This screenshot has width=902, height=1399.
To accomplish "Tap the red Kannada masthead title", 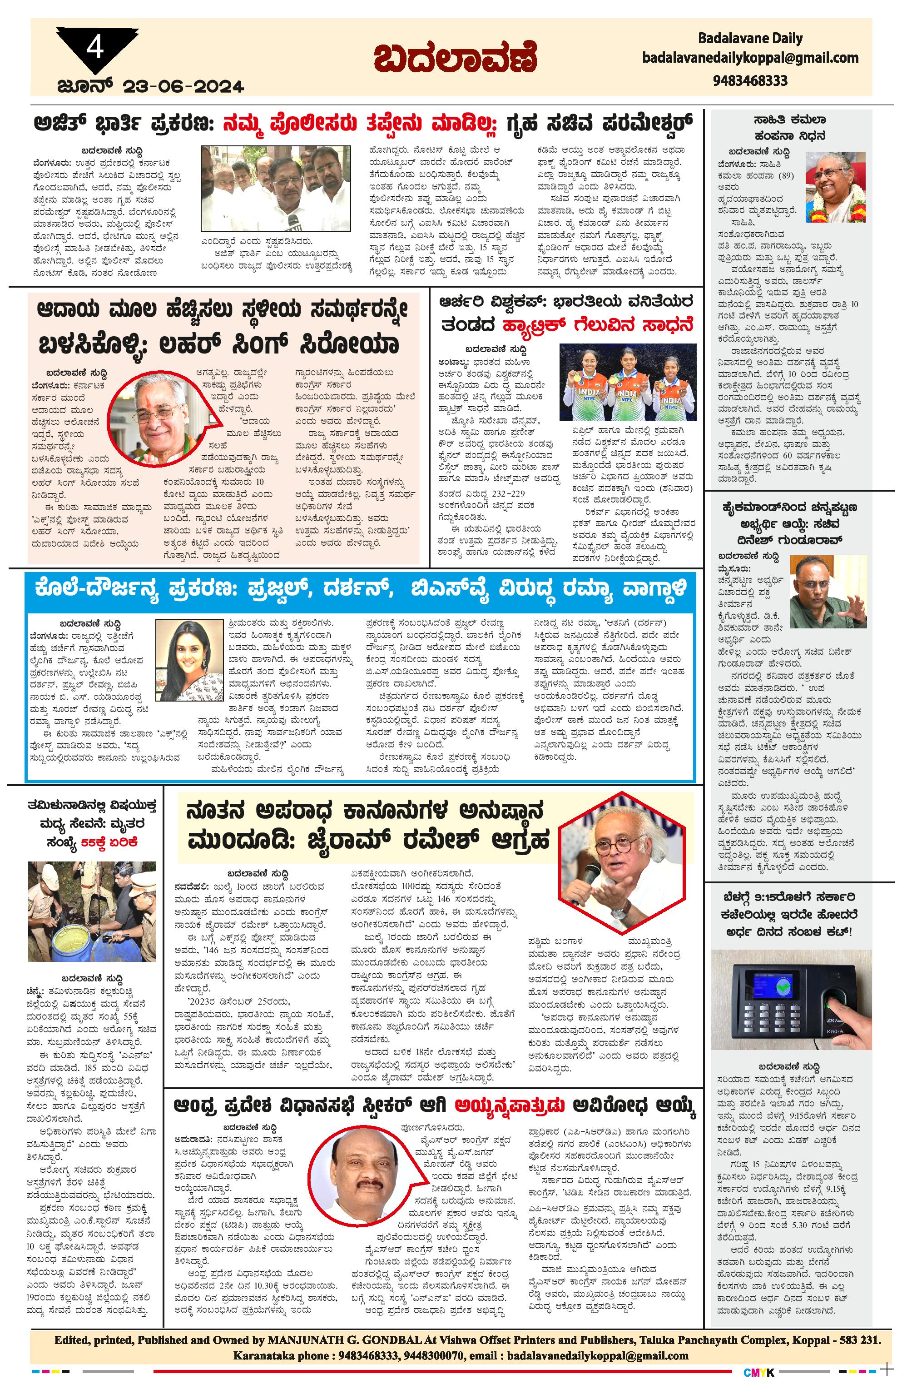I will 455,57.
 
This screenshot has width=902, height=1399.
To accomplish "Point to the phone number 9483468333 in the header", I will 750,81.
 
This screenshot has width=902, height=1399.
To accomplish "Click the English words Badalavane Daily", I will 750,39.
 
